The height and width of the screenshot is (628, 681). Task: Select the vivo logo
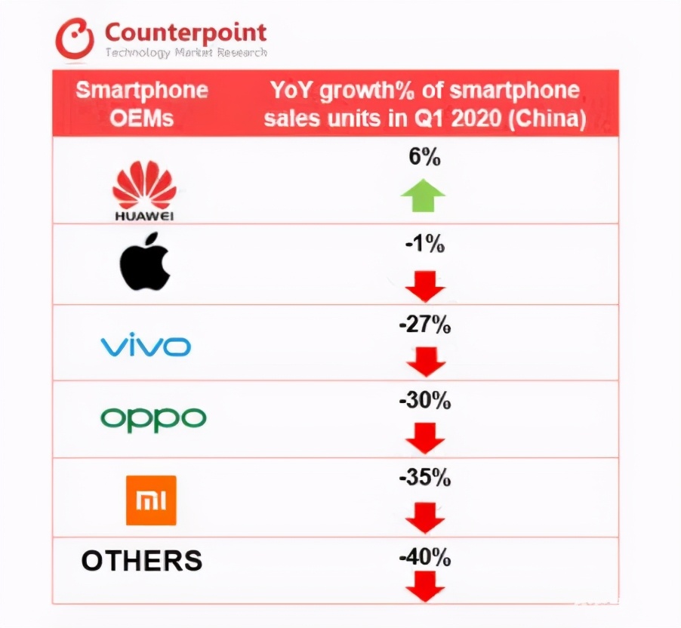click(146, 346)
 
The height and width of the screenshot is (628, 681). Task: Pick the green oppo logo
click(153, 418)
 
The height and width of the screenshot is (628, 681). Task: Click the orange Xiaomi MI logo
click(151, 500)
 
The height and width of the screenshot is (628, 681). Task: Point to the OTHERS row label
click(142, 561)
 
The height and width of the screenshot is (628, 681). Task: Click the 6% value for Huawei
click(424, 159)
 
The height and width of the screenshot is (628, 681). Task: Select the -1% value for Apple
click(425, 246)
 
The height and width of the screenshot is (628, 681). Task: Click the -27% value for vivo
click(425, 325)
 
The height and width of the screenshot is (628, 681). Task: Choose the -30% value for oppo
click(425, 402)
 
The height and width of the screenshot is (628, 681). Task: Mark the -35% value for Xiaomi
click(425, 478)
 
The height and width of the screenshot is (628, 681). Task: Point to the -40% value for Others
click(425, 559)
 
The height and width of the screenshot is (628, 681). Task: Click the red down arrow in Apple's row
click(425, 285)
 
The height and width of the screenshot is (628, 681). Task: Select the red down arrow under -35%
click(427, 518)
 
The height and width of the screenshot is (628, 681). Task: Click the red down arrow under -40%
click(427, 586)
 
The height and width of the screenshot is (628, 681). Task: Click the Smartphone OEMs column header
click(142, 103)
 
